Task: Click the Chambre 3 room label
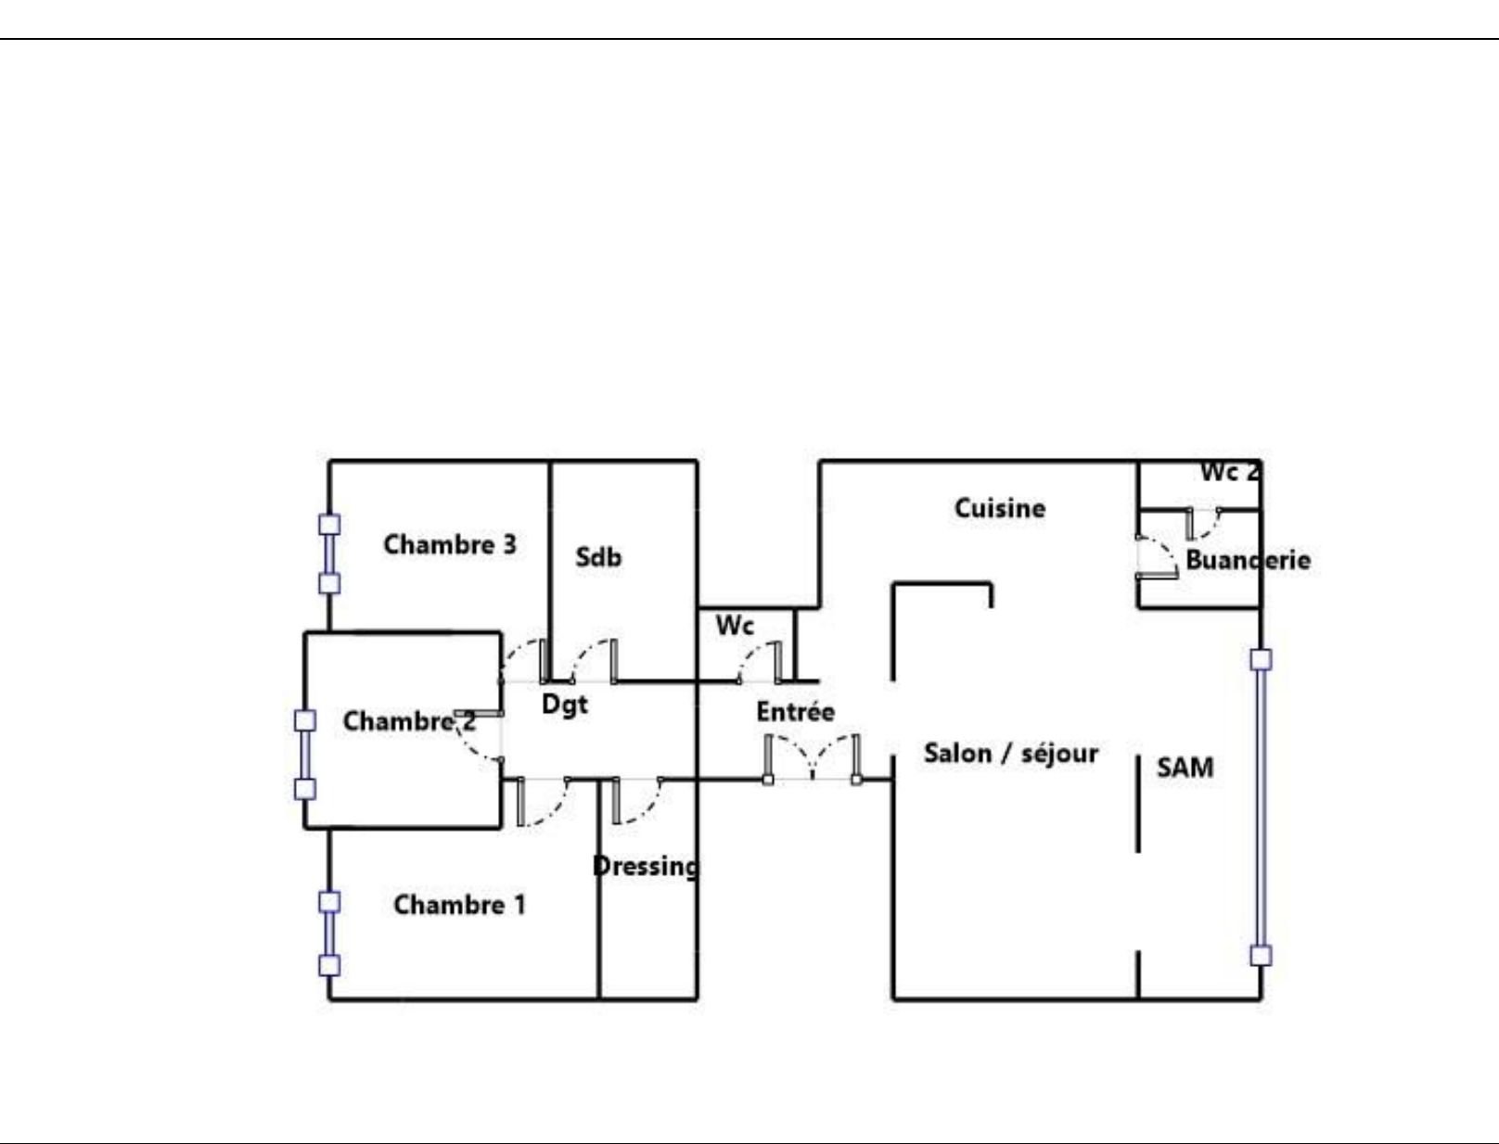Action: tap(450, 545)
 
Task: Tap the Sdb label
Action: tap(599, 557)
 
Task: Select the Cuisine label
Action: tap(1000, 509)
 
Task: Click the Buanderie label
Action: tap(1249, 560)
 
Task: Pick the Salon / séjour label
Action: tap(1011, 754)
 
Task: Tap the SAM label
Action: tap(1185, 768)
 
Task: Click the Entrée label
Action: tap(796, 712)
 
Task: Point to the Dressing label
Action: tap(646, 867)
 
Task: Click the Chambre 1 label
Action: tap(459, 905)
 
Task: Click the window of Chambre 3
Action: tap(330, 554)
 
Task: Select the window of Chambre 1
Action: tap(330, 934)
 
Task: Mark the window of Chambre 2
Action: tap(305, 755)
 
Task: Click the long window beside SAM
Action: tap(1262, 807)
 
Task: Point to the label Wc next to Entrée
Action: tap(735, 626)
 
